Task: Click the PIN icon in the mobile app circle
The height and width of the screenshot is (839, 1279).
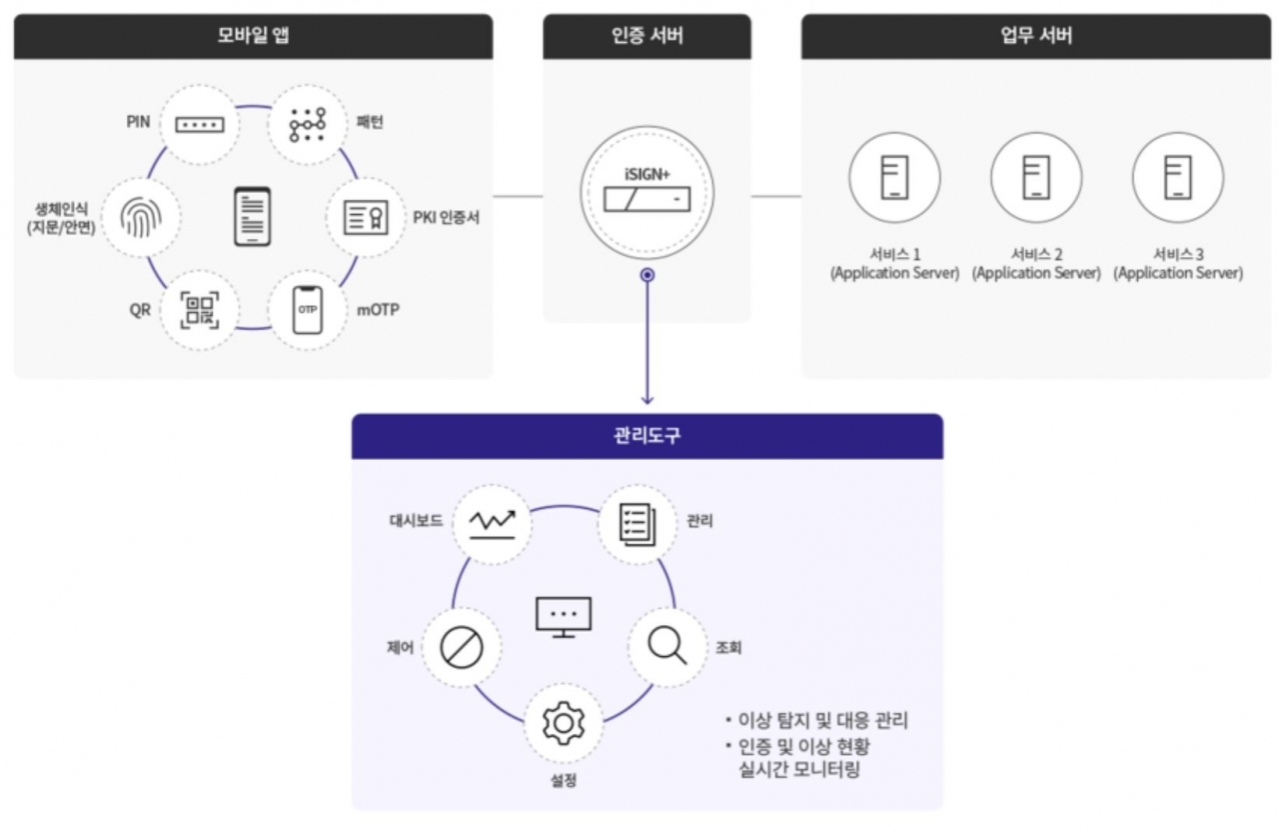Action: [200, 125]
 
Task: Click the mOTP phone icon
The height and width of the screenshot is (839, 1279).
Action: [307, 309]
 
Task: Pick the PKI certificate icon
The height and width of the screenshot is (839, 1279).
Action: [366, 217]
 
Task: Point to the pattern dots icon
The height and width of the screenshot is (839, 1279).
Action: [308, 125]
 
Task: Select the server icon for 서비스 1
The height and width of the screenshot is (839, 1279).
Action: [894, 178]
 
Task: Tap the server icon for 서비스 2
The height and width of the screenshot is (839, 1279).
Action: [1036, 178]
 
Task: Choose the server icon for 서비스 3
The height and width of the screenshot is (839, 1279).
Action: [1178, 178]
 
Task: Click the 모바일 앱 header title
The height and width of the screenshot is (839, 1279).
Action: [253, 37]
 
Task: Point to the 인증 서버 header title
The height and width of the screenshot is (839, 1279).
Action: [646, 37]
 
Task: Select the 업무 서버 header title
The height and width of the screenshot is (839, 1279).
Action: [1036, 37]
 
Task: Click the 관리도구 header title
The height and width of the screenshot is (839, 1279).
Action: [646, 437]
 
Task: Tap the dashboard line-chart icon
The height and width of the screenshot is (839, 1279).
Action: [492, 522]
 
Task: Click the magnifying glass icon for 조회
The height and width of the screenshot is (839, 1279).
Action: [666, 646]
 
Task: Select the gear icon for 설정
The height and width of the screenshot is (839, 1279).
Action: [564, 722]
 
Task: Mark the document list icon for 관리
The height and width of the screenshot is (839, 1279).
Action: [637, 522]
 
